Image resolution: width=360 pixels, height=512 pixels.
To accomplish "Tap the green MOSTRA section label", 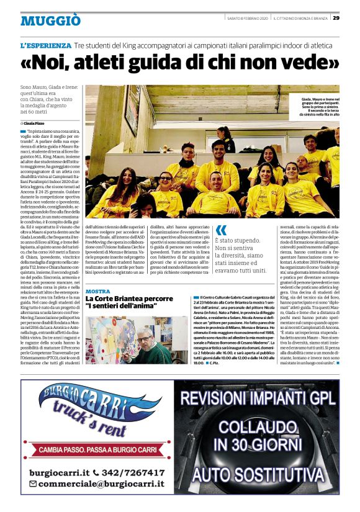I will click(97, 291).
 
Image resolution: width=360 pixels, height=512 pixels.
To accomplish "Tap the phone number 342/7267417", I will click(129, 472).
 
